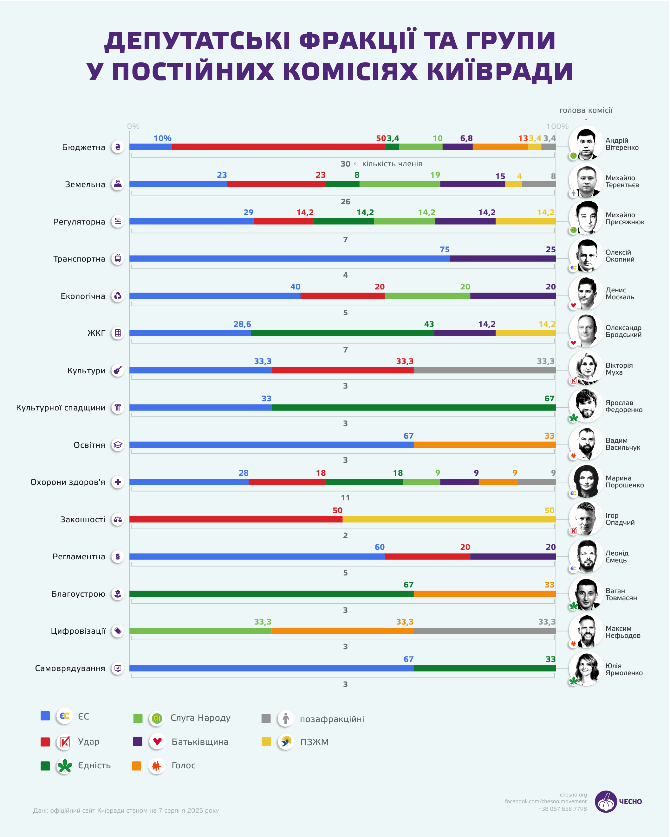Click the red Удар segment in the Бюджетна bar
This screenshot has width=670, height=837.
coord(279,147)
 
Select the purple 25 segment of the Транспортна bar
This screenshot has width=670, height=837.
coord(503,258)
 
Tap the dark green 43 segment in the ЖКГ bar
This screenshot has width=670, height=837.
coord(342,333)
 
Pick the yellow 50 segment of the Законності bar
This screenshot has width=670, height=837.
coord(449,519)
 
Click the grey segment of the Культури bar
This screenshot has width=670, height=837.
coord(485,370)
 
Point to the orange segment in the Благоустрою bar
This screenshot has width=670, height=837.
coord(485,594)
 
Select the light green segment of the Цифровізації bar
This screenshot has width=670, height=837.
coord(200,631)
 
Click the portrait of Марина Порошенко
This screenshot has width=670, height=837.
coord(586,481)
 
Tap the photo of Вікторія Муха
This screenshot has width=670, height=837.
coord(586,367)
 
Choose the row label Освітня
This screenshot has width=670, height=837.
coord(89,445)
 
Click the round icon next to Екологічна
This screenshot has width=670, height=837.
coord(118,296)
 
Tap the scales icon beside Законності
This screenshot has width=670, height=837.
coord(118,519)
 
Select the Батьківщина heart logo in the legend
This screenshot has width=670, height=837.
coord(157,742)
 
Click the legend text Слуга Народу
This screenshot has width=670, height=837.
coord(200,718)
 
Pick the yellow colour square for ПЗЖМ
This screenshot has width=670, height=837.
coord(266,742)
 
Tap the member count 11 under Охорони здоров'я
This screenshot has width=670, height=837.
coord(345,498)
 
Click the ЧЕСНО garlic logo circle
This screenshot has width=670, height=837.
coord(606,802)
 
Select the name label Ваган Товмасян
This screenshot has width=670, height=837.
coord(621,594)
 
